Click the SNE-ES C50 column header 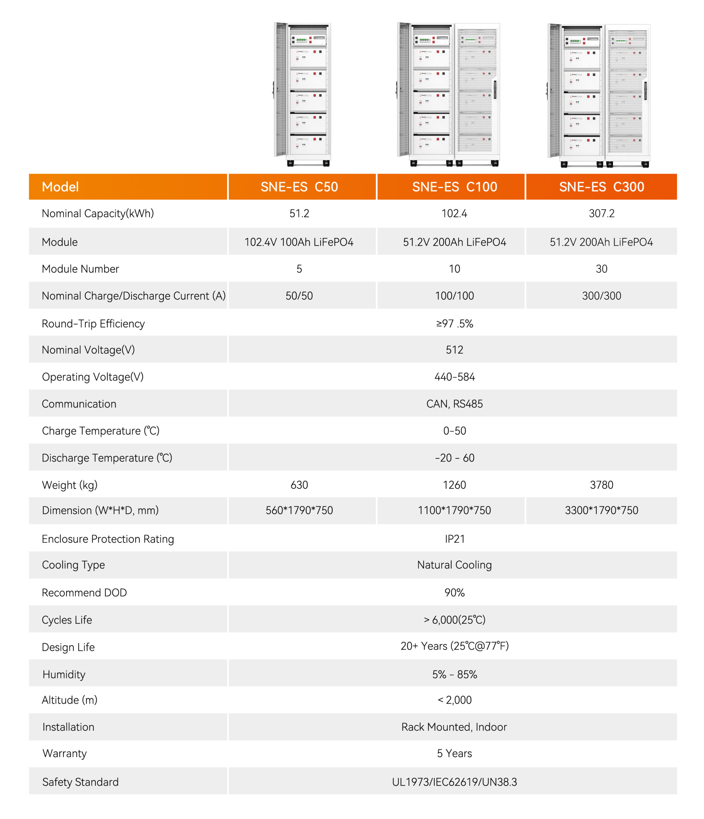point(299,187)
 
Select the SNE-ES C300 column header point(601,187)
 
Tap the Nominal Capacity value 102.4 point(454,213)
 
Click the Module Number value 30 point(601,269)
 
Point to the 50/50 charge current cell point(299,296)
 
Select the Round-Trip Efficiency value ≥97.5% point(455,324)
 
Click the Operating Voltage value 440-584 point(455,377)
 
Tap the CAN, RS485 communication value point(455,403)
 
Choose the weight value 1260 point(454,485)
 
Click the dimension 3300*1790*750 point(601,510)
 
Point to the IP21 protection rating point(455,539)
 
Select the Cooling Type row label point(74,565)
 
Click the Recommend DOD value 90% point(455,592)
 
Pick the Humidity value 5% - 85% point(455,674)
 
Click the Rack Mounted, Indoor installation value point(454,727)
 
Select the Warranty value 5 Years point(454,753)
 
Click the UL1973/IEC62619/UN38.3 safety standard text point(454,782)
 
